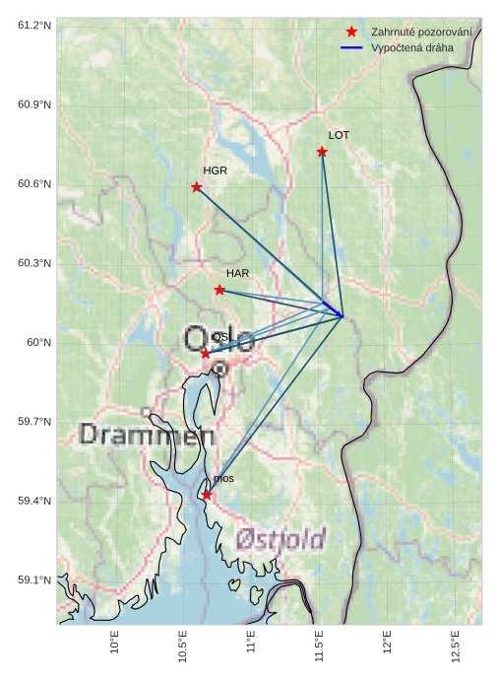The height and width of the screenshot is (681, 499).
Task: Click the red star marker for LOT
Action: point(322,152)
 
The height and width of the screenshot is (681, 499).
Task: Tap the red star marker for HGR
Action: point(197,187)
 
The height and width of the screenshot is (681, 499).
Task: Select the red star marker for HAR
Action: point(219,290)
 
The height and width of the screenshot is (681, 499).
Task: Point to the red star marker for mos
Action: point(207,495)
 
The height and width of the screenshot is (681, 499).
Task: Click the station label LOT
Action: point(339,135)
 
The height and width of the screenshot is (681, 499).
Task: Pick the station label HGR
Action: point(215,170)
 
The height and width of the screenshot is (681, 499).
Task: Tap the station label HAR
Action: point(237,273)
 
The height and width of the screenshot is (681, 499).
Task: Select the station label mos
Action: point(223,479)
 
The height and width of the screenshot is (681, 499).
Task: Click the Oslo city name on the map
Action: point(219,341)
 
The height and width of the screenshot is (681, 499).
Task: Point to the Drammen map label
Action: point(147,434)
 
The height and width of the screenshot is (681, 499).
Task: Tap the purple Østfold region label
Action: point(281,538)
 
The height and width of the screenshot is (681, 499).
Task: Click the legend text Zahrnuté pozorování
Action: point(420,33)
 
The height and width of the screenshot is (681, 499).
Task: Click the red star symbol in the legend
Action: point(351,33)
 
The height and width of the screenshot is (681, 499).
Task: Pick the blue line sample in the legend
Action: point(351,47)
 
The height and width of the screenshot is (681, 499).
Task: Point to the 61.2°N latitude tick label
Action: point(33,25)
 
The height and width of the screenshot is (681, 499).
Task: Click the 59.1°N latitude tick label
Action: point(33,580)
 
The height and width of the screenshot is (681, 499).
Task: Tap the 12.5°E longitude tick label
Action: point(456,646)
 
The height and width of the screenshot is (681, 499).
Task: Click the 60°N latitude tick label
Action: point(38,343)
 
